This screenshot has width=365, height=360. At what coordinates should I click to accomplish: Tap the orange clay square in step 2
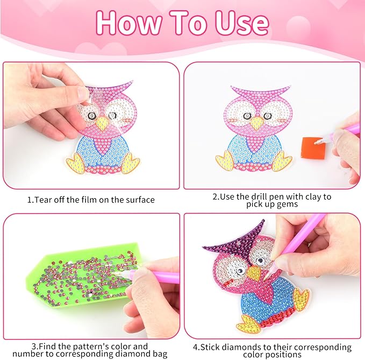pos(310,146)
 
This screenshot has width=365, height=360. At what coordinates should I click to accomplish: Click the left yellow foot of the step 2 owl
pos(226,160)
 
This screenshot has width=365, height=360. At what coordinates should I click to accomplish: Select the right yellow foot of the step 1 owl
pos(131,162)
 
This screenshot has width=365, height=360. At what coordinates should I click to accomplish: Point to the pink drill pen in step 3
pos(156,277)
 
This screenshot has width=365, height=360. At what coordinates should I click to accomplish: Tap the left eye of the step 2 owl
pos(247,115)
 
